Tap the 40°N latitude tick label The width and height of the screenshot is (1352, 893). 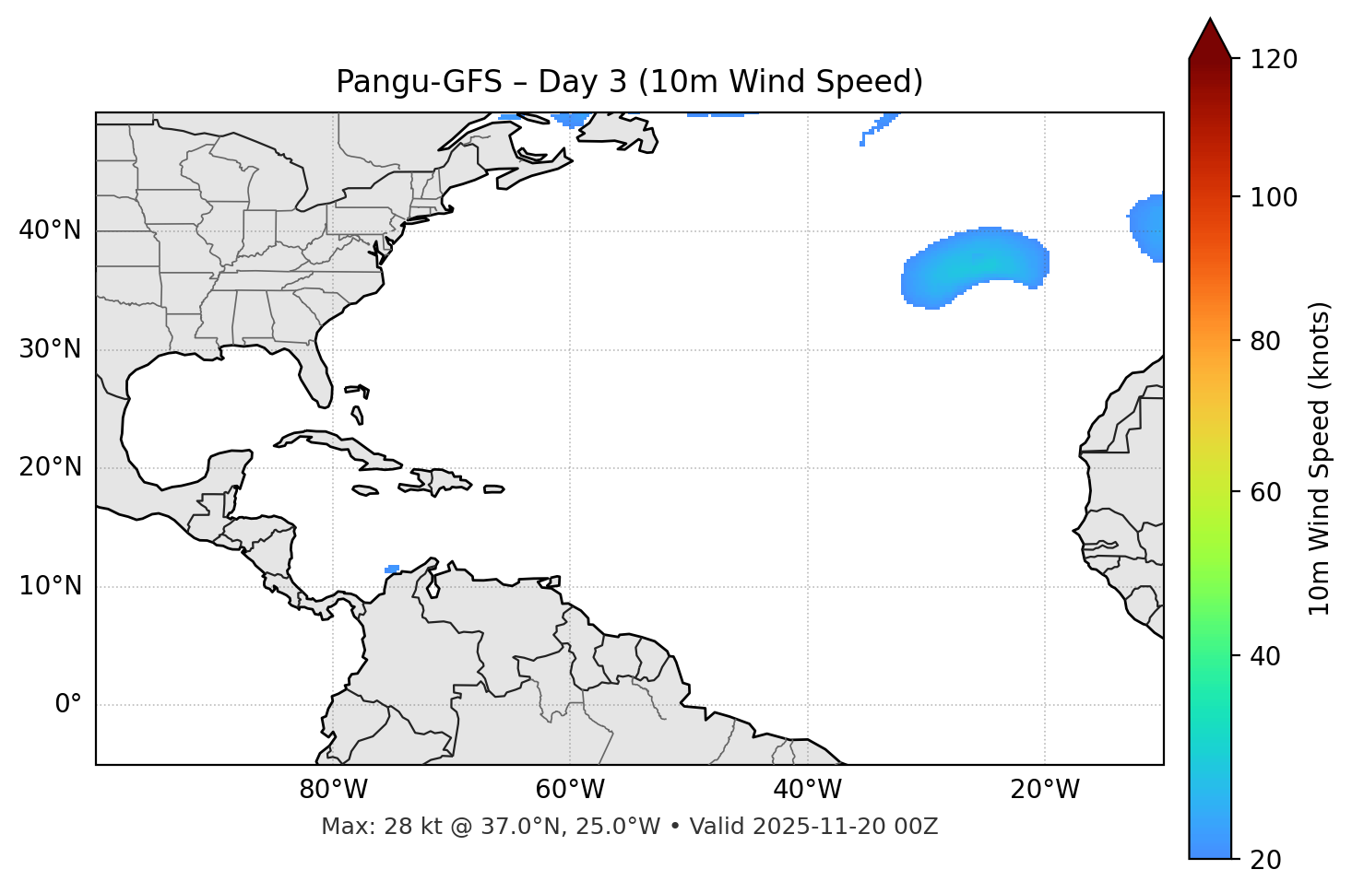50,230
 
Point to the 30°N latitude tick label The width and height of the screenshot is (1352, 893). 50,349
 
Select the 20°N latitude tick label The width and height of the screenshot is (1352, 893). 50,467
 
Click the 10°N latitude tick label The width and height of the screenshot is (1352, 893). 50,586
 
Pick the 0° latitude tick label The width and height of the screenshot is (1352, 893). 68,705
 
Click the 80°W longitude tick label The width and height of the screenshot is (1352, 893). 333,790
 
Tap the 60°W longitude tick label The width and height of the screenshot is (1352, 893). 570,790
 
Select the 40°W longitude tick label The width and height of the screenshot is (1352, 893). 807,790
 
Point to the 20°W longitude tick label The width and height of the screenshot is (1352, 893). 1044,790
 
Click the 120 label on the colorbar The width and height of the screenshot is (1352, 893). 1274,60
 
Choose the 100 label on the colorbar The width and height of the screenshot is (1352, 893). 1274,197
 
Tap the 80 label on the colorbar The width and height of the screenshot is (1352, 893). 1265,342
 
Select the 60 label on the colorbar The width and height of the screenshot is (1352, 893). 1265,492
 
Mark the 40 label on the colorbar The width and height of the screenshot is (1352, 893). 1265,656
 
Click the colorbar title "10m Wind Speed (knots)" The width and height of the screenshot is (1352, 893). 1320,458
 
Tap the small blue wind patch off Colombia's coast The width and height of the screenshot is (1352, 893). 392,570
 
